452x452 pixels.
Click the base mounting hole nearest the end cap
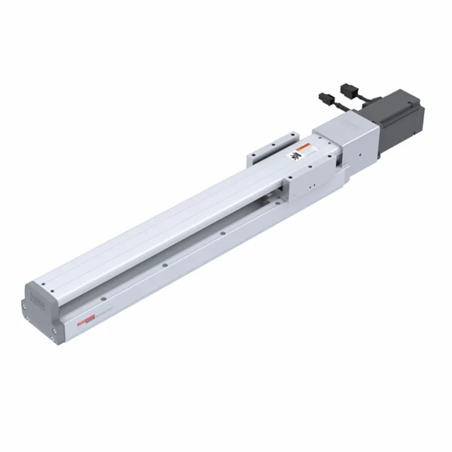coord(104,297)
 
